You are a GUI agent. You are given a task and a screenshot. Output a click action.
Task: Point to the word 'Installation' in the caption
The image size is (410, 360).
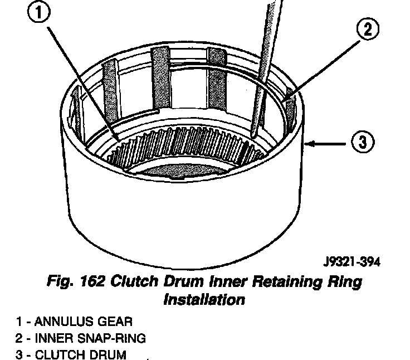coord(204,299)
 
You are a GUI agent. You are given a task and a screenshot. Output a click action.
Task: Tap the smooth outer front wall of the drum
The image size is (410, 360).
coord(184,217)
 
